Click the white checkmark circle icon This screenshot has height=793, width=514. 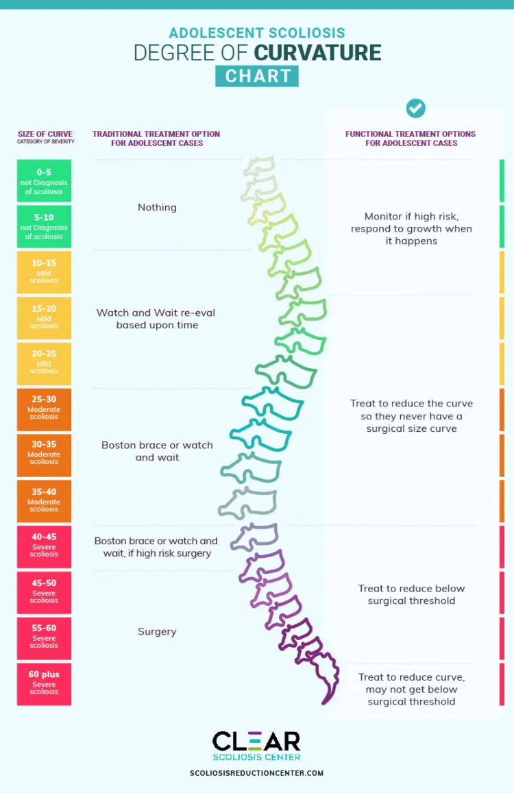point(415,108)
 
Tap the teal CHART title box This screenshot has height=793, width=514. point(257,76)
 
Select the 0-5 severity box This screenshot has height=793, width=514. point(44,181)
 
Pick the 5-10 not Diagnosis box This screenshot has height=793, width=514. point(44,226)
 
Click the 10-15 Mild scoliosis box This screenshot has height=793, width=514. point(44,271)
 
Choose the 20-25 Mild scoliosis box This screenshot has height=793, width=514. point(44,363)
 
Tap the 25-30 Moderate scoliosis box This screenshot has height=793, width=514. point(44,408)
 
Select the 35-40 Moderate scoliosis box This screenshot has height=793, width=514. point(44,500)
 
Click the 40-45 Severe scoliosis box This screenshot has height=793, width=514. point(44,546)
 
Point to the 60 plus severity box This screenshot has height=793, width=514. point(44,683)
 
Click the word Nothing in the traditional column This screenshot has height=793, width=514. point(157,208)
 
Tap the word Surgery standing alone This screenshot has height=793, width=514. point(157,632)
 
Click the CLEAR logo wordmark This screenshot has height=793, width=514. point(256,742)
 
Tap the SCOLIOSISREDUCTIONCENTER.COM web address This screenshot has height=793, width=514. point(256,773)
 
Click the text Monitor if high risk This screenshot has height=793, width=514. point(411,217)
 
